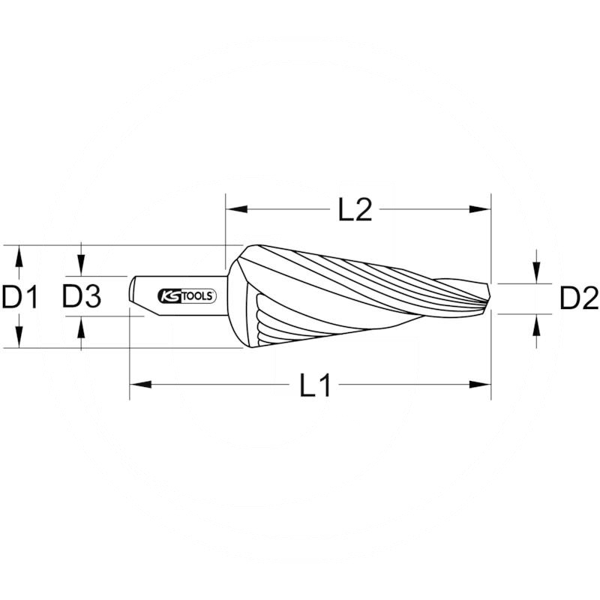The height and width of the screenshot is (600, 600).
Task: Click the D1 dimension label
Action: pyautogui.click(x=19, y=298)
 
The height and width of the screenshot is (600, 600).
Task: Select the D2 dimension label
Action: pyautogui.click(x=579, y=300)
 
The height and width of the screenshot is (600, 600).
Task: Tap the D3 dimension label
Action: pyautogui.click(x=81, y=298)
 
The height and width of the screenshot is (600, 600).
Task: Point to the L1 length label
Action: pyautogui.click(x=315, y=385)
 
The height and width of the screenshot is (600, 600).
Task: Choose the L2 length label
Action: pyautogui.click(x=355, y=211)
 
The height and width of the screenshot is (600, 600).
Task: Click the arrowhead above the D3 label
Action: pyautogui.click(x=81, y=268)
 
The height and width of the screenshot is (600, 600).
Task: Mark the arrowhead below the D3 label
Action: pyautogui.click(x=81, y=325)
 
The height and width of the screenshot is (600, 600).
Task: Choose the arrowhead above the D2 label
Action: pyautogui.click(x=537, y=275)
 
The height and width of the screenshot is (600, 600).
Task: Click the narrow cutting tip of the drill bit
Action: pyautogui.click(x=485, y=298)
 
